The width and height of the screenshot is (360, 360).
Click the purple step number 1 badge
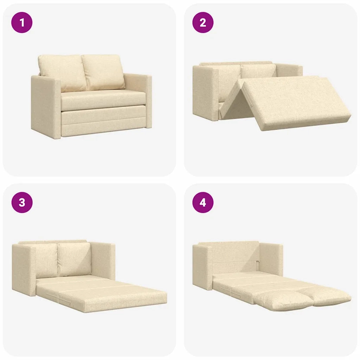point(22,23)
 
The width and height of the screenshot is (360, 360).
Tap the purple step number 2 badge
point(203,23)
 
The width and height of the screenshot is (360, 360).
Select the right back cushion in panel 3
point(75,258)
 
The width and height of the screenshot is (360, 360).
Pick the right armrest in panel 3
point(104,260)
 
